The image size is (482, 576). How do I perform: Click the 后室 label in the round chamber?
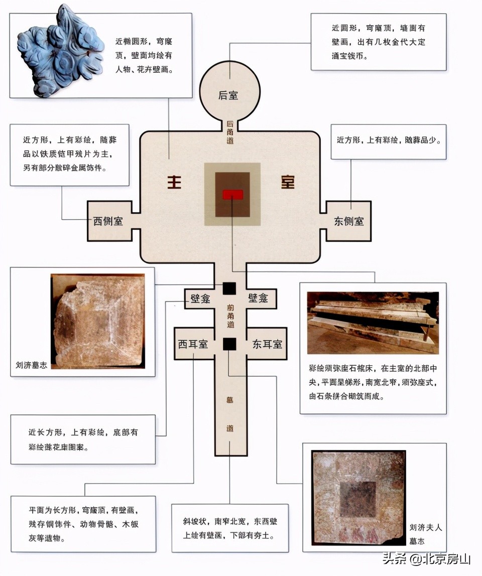[228, 95]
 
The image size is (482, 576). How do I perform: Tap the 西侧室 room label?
[108, 221]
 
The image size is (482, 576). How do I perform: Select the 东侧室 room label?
[349, 221]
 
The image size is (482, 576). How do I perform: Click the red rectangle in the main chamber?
[232, 195]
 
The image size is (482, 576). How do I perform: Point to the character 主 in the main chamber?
[174, 183]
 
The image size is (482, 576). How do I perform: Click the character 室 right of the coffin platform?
[288, 183]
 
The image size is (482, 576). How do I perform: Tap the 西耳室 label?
[193, 344]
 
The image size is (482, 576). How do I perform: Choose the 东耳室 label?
[267, 344]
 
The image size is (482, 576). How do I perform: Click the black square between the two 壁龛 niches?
[229, 289]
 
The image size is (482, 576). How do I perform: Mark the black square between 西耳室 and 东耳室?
[229, 344]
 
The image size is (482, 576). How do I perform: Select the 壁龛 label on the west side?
[200, 299]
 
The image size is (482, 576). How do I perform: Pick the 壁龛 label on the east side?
[258, 299]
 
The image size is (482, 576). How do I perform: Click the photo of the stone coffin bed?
[373, 322]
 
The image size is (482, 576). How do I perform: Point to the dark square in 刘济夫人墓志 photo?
[357, 499]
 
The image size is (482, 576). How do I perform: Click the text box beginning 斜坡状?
[230, 528]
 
